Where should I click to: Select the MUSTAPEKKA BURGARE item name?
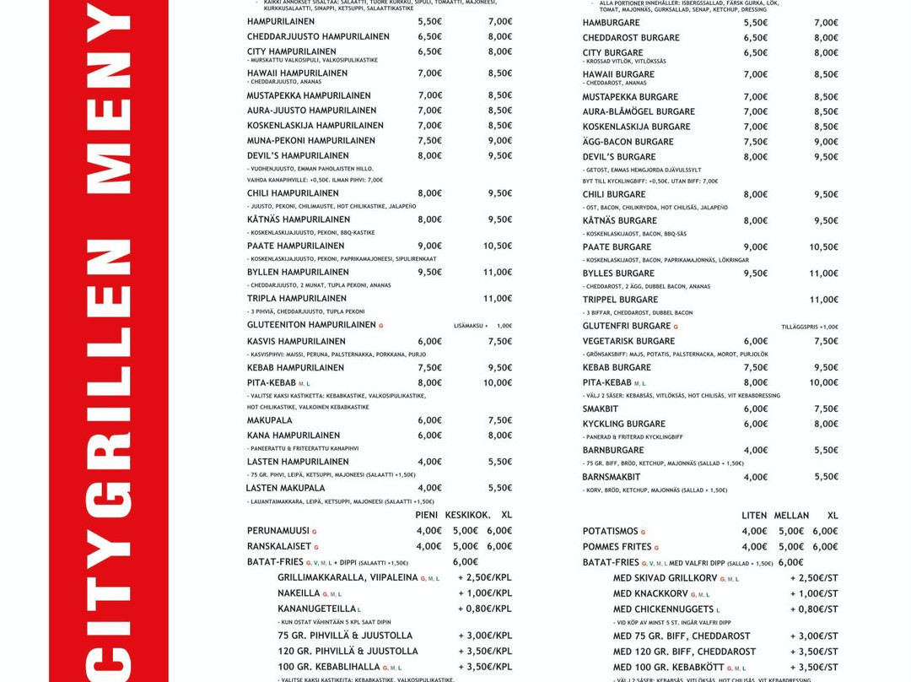630,97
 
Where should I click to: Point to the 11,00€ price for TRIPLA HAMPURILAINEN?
498,299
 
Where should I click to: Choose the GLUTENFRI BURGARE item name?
627,326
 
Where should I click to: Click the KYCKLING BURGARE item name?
623,425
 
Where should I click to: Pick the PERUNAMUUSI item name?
278,531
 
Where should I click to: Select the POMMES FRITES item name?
617,547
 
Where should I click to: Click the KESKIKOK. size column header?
467,515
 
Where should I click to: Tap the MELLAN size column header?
791,516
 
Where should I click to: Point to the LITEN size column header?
754,516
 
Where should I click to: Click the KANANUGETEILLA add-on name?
317,609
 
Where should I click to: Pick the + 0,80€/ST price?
814,609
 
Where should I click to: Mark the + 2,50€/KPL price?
485,578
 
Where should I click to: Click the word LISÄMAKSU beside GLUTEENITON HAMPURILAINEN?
468,326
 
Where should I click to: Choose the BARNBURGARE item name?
613,451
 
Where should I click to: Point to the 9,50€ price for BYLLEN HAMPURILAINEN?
429,273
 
